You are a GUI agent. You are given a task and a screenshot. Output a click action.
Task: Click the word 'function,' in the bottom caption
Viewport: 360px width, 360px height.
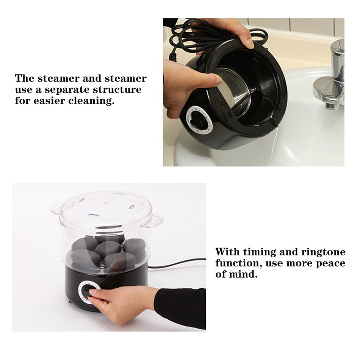(239, 263)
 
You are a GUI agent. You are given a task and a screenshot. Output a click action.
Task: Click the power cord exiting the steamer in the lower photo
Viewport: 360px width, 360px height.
(177, 263)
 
